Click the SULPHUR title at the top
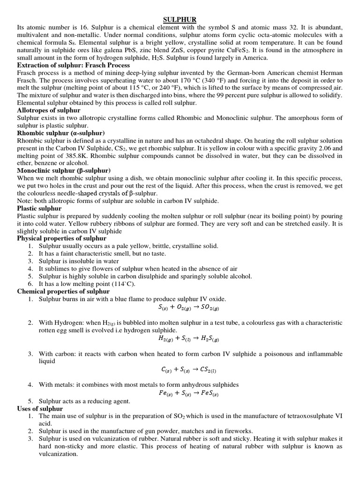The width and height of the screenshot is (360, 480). point(180,19)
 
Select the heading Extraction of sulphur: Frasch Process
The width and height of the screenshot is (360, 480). point(73,65)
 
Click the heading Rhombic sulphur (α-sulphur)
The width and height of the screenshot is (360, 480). point(61,133)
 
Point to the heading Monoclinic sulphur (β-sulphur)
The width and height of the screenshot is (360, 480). point(64,170)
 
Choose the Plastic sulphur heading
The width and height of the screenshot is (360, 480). point(39,208)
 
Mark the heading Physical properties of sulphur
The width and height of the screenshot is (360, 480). point(62,239)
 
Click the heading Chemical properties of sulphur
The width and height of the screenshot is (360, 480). point(63,291)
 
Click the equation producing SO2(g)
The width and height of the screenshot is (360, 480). point(186,308)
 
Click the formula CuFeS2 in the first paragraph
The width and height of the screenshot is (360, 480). point(238,50)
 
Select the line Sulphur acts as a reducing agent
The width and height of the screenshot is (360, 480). point(84,401)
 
